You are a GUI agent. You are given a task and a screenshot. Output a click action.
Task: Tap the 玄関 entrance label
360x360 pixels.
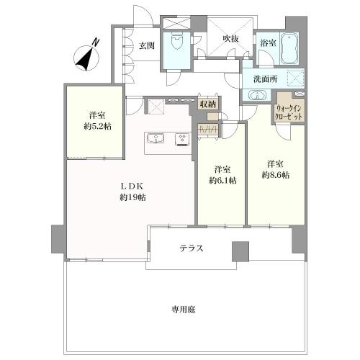[146, 45]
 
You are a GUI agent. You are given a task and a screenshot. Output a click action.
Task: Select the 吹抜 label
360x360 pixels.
[230, 38]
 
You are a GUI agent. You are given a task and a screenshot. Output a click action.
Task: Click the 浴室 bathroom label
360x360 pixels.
[268, 43]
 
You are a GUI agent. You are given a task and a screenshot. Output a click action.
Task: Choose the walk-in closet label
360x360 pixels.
[290, 112]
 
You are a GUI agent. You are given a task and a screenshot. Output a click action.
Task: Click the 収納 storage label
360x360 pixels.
[207, 105]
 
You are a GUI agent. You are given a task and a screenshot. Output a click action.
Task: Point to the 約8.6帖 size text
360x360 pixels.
[276, 175]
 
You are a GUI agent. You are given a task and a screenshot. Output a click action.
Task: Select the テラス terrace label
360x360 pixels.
[192, 248]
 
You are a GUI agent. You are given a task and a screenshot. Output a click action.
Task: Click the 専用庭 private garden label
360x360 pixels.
[184, 309]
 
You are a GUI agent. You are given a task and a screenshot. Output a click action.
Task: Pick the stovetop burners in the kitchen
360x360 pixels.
[182, 139]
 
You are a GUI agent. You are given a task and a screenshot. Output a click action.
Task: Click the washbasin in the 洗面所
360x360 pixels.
[257, 96]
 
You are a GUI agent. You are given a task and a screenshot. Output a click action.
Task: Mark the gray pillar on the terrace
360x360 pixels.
[240, 251]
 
